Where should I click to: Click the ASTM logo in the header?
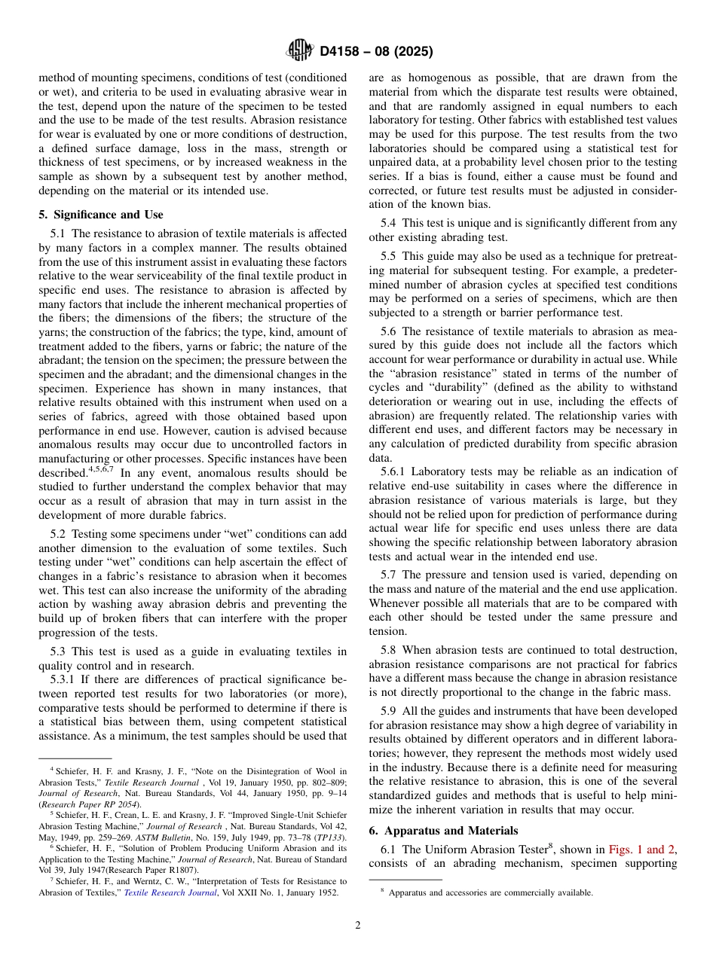click(300, 52)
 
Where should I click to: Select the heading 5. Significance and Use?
click(100, 215)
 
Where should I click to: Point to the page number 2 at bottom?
click(357, 926)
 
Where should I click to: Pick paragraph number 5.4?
click(390, 223)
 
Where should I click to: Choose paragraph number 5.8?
click(390, 650)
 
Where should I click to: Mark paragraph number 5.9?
click(390, 711)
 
